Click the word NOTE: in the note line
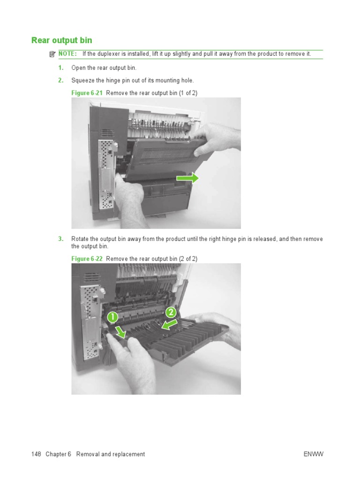pyautogui.click(x=67, y=54)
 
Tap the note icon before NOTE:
pyautogui.click(x=52, y=54)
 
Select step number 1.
pyautogui.click(x=60, y=68)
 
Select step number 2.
pyautogui.click(x=60, y=80)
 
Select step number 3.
pyautogui.click(x=60, y=239)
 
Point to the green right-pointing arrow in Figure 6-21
pyautogui.click(x=187, y=178)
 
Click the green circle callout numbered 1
pyautogui.click(x=112, y=317)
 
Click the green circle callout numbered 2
pyautogui.click(x=171, y=313)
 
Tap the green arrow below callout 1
pyautogui.click(x=121, y=332)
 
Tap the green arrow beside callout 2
pyautogui.click(x=169, y=324)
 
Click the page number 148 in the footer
pyautogui.click(x=36, y=454)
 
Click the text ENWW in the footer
pyautogui.click(x=314, y=454)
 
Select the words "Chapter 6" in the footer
pyautogui.click(x=58, y=454)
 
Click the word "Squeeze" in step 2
pyautogui.click(x=82, y=80)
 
